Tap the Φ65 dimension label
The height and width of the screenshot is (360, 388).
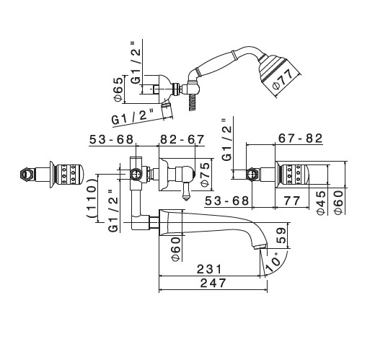pos(118,89)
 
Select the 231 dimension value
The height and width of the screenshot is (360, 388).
pos(210,269)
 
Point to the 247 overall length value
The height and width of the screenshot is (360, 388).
pos(213,283)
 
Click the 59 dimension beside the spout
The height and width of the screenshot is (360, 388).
pos(281,235)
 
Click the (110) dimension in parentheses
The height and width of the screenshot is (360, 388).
pos(91,198)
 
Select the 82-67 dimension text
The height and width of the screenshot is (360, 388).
pos(182,139)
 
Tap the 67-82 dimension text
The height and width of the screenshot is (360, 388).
pos(301,139)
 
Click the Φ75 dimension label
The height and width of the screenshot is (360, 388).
pos(206,175)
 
